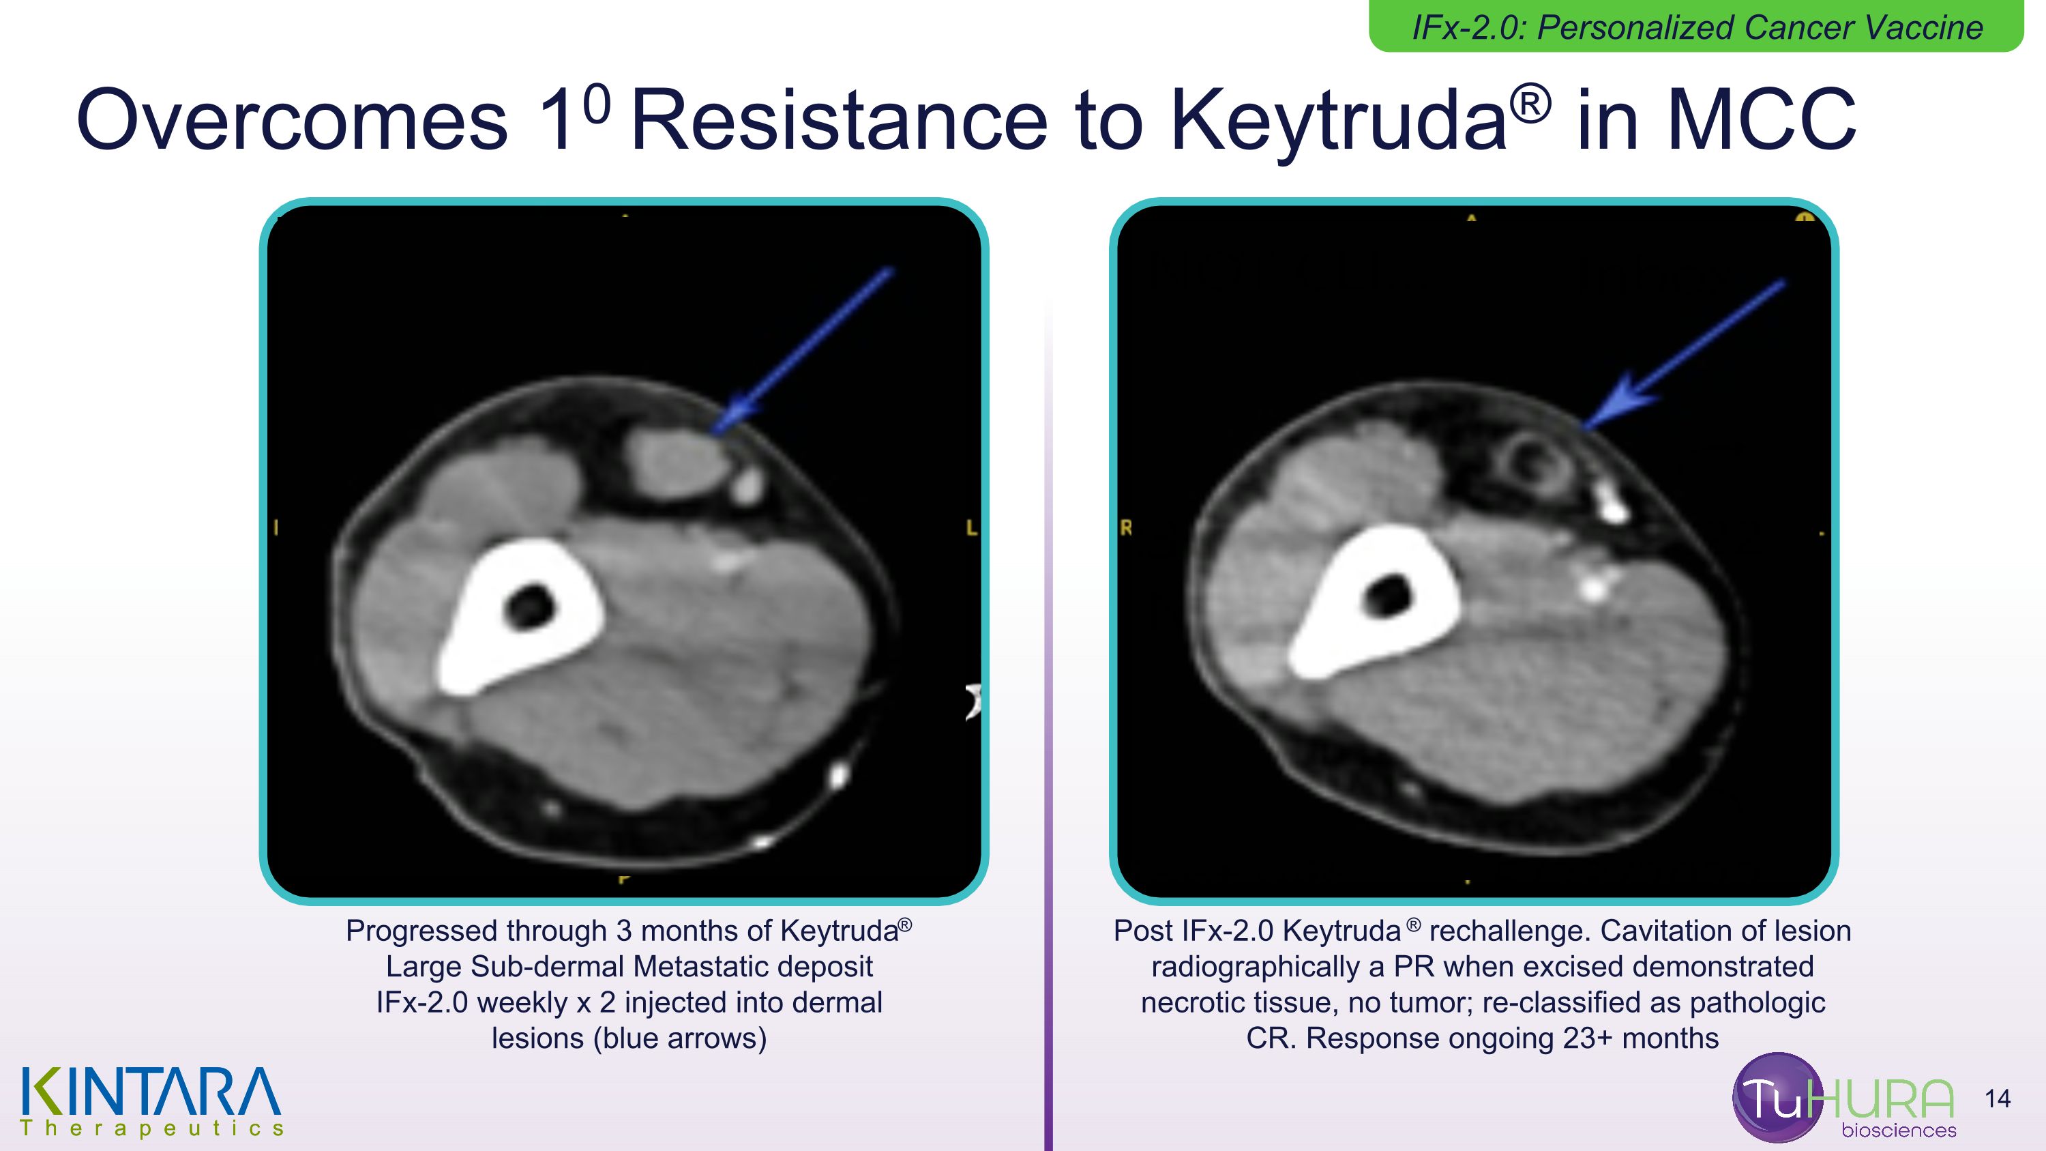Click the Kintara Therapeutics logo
(151, 1102)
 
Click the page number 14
(1998, 1099)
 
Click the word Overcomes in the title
(291, 121)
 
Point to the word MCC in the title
(1761, 121)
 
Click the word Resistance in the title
(839, 121)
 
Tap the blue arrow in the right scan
(1684, 354)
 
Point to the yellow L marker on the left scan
(970, 528)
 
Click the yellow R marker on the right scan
(1126, 528)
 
